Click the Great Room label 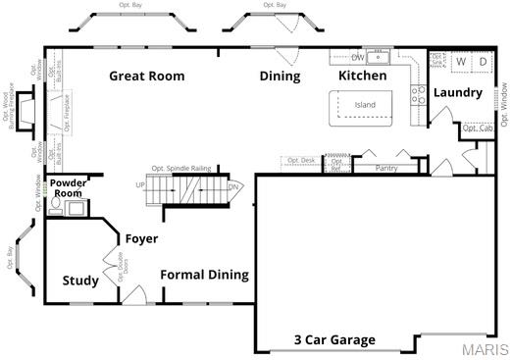click(147, 76)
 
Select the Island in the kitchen click(365, 105)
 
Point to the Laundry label click(458, 93)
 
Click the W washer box click(461, 61)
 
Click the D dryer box click(483, 61)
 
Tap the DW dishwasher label click(358, 57)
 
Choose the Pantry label click(387, 169)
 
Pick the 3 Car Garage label click(334, 340)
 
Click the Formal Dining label click(204, 276)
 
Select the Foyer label click(141, 238)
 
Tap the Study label click(80, 282)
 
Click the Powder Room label click(67, 188)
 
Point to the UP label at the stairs click(140, 185)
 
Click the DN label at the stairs click(233, 186)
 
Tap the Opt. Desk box click(300, 160)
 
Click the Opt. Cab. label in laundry click(477, 129)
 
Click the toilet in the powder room click(57, 206)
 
